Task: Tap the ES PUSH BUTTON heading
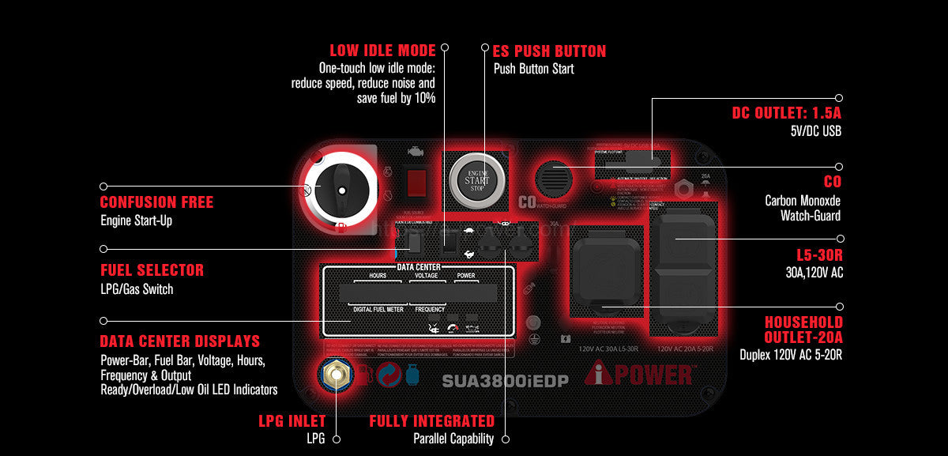click(549, 51)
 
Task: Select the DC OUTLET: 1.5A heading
click(787, 114)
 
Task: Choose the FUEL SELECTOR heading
click(152, 270)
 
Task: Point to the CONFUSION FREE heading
click(156, 202)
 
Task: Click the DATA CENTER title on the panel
click(419, 268)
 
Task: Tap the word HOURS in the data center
click(377, 277)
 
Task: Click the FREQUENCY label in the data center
click(429, 309)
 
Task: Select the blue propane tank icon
click(412, 375)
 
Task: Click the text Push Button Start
click(534, 69)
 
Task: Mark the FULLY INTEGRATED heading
click(431, 421)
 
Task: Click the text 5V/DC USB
click(815, 130)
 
